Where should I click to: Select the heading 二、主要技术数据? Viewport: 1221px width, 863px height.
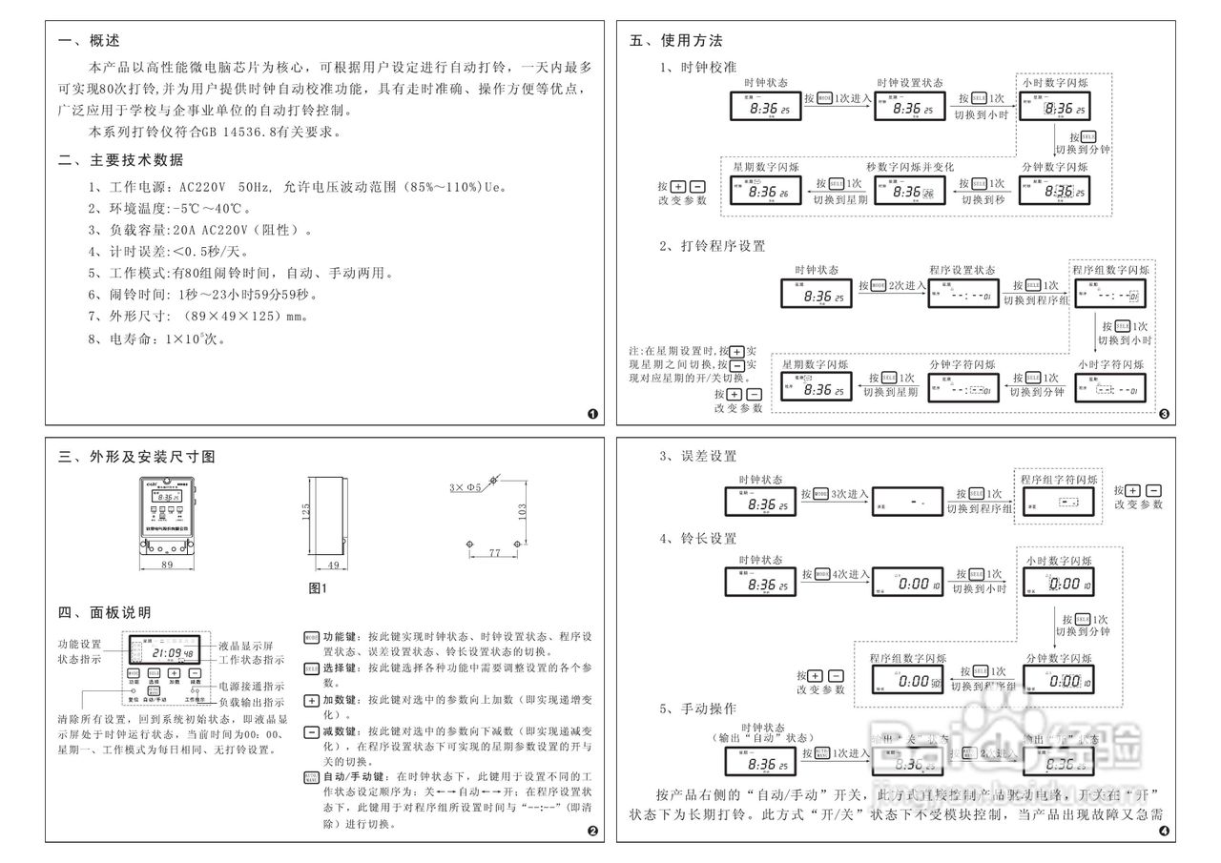tap(120, 160)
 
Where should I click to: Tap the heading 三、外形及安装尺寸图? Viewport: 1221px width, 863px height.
tap(136, 458)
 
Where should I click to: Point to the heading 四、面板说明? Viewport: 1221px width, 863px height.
tap(105, 612)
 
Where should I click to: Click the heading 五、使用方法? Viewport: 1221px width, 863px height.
tap(677, 41)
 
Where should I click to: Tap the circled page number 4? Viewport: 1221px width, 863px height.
tap(1164, 832)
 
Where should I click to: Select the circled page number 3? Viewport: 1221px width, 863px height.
tap(1164, 414)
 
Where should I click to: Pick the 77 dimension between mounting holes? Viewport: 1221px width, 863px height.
tap(495, 552)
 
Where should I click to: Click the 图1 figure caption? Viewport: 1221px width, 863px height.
tap(318, 589)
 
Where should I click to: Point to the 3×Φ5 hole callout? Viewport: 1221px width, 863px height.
tap(464, 486)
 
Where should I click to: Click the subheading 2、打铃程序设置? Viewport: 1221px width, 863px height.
tap(712, 246)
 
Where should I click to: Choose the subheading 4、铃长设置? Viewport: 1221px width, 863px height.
tap(698, 539)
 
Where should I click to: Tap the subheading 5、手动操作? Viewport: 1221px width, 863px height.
tap(698, 709)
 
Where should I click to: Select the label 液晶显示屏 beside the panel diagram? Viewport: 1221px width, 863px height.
tap(246, 646)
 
